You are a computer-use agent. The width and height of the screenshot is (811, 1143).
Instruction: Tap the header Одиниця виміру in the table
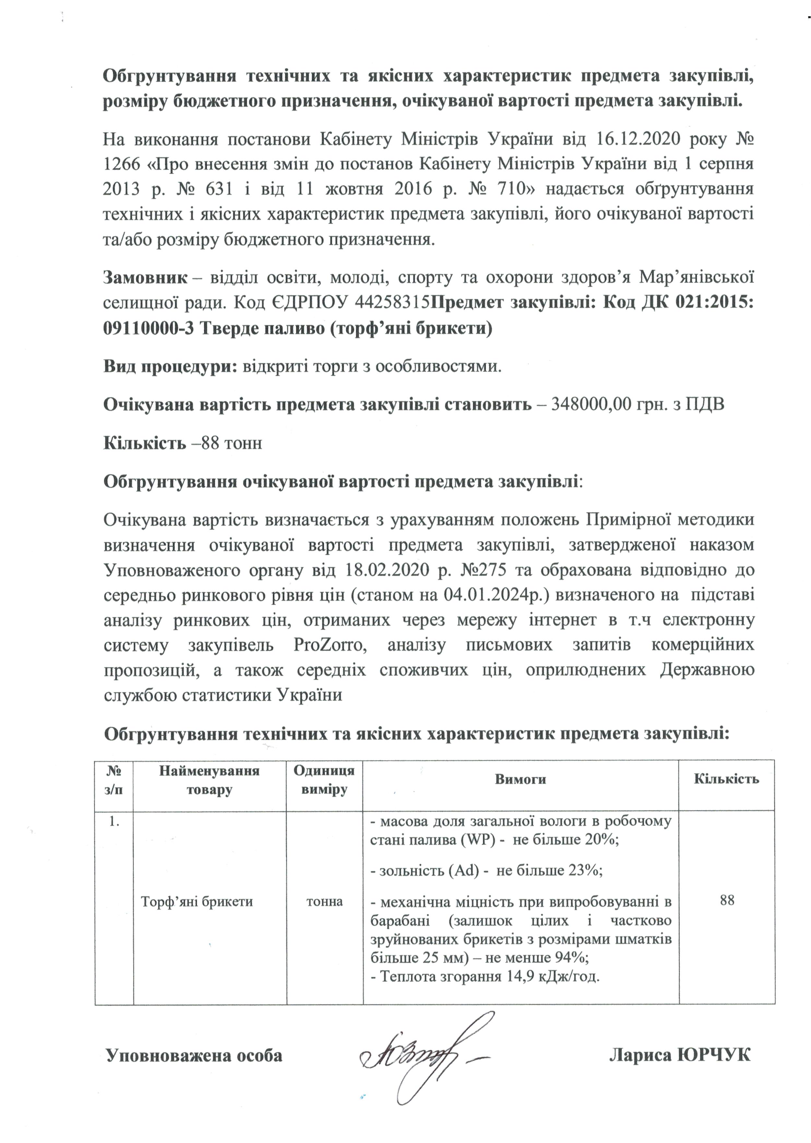[324, 780]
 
